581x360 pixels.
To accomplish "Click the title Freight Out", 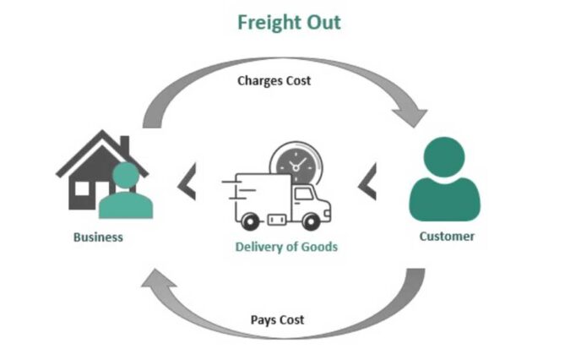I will (x=289, y=22).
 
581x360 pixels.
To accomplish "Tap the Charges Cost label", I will (x=274, y=81).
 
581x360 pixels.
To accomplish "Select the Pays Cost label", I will (x=278, y=320).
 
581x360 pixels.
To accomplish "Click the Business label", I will (x=98, y=237).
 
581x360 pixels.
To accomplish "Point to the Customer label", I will (x=447, y=236).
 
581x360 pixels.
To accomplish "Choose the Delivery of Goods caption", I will (x=286, y=247).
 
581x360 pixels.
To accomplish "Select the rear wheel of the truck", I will (x=250, y=221).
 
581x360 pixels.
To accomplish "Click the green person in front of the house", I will (x=126, y=192).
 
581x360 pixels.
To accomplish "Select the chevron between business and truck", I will (x=187, y=183).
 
